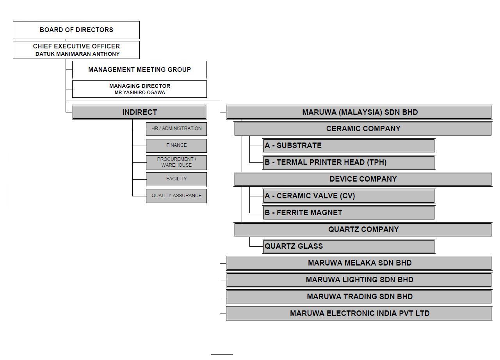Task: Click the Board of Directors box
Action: tap(76, 30)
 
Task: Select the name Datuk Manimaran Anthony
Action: tap(77, 54)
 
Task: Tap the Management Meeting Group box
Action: tap(139, 70)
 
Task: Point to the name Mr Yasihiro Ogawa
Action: tap(140, 93)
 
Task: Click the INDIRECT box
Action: tap(139, 112)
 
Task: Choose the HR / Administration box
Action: tap(176, 128)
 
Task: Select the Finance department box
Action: tap(176, 145)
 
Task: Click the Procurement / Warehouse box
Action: tap(176, 162)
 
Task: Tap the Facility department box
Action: tap(176, 179)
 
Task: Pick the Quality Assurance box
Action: tap(176, 196)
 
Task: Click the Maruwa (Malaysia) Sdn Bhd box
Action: tap(359, 112)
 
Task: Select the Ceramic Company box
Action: tap(363, 128)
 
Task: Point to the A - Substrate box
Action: tap(349, 145)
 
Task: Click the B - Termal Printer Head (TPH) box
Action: tap(349, 162)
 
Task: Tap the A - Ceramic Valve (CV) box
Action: tap(349, 196)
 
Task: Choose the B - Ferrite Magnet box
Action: tap(349, 212)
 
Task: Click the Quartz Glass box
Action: tap(349, 246)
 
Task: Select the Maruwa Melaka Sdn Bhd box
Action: tap(359, 263)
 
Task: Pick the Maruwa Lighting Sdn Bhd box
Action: tap(359, 280)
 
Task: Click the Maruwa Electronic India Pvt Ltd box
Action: tap(359, 313)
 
